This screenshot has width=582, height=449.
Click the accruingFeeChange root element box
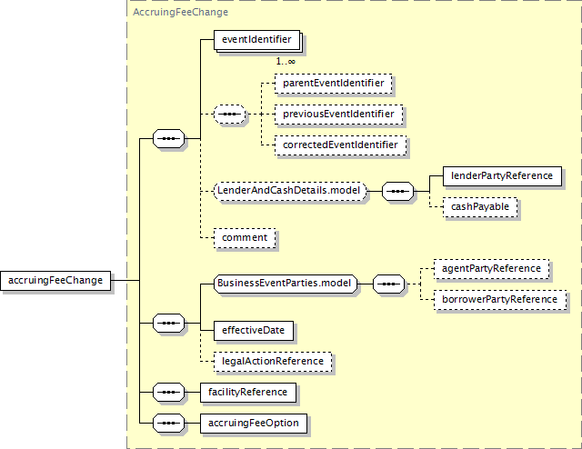55,281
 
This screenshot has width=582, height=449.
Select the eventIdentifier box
256,40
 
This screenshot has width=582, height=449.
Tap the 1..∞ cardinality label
286,61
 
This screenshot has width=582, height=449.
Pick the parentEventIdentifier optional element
334,83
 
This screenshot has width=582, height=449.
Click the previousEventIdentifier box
338,114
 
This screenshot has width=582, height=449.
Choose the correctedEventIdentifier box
340,145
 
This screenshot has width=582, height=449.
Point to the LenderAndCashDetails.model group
290,191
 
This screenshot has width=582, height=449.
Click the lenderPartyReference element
502,176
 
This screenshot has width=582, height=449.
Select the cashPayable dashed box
480,207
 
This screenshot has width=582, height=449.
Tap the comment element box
245,238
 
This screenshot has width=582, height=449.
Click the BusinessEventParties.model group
285,284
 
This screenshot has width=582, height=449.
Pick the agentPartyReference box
491,269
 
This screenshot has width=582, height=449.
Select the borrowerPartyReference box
500,300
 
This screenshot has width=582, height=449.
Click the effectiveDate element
254,331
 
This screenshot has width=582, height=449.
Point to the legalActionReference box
273,362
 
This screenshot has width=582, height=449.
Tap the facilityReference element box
248,393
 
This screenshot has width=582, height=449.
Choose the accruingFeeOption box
254,424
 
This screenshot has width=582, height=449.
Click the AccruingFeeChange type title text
180,12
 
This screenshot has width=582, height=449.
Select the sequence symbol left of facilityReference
168,393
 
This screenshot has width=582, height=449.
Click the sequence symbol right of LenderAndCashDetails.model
397,191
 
